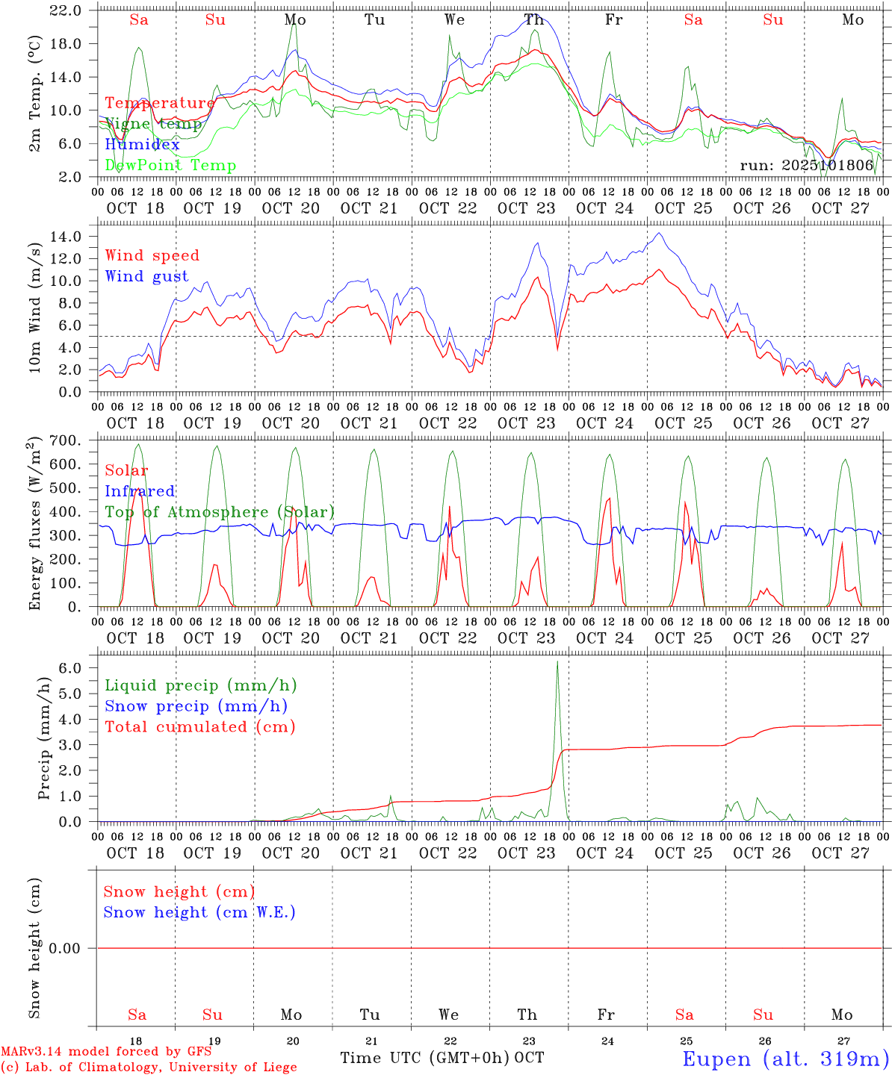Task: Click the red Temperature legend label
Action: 159,103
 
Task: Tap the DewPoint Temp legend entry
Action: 170,165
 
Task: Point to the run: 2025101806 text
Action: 806,165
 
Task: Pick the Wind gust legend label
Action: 146,276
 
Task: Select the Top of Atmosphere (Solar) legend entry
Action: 220,512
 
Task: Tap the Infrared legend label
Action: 140,491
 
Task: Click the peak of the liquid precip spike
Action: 557,661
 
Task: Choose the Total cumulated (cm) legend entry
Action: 199,726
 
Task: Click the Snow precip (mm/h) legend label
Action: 196,706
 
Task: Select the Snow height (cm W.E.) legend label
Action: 199,912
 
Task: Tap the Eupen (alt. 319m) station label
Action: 785,1059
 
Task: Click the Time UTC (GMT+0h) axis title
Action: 424,1058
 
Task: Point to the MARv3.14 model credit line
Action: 106,1052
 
